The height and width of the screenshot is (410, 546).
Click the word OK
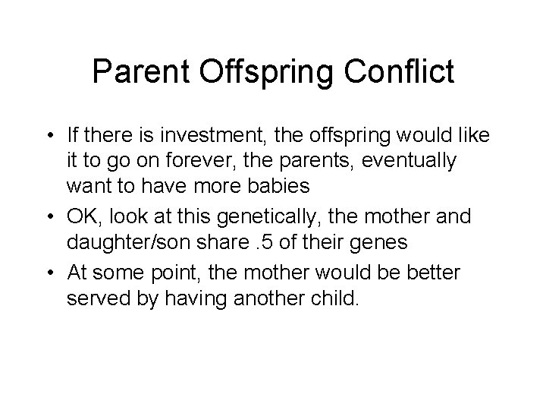coord(84,218)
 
